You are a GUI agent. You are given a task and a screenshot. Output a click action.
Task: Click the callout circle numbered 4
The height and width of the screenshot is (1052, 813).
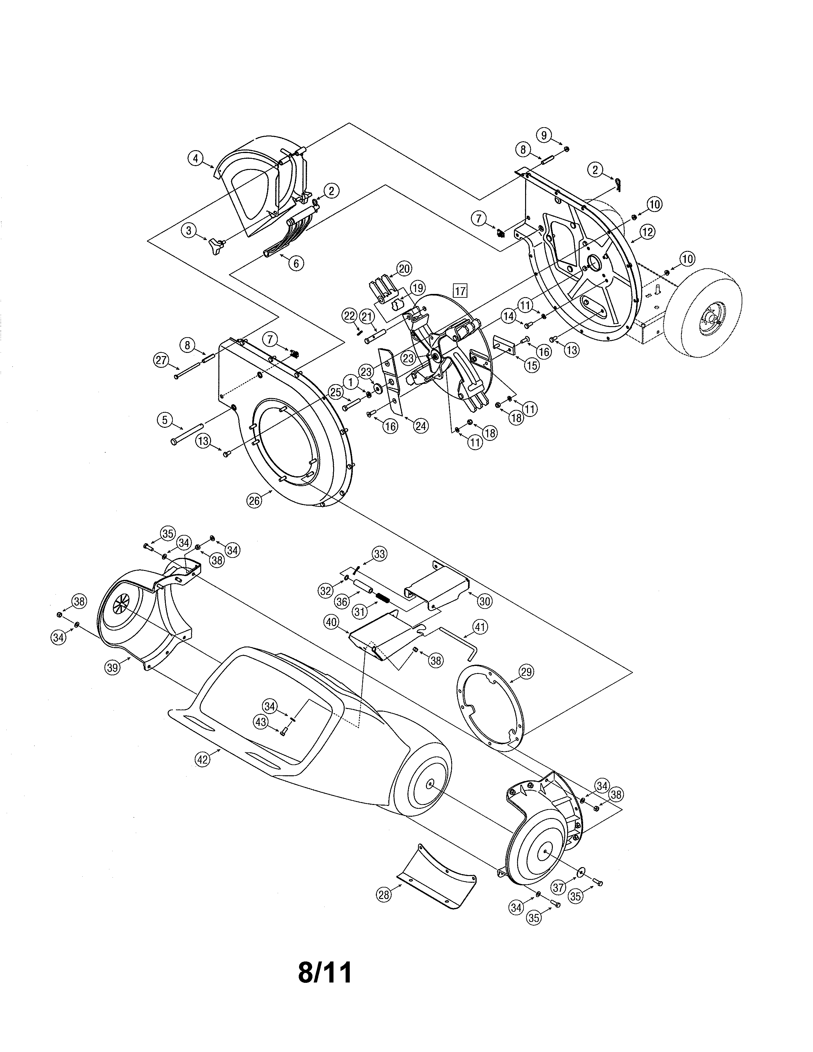(195, 158)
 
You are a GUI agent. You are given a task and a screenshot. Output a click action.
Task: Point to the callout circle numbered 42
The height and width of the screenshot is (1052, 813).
(203, 760)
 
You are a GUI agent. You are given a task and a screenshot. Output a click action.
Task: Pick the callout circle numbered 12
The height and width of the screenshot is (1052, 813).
(647, 232)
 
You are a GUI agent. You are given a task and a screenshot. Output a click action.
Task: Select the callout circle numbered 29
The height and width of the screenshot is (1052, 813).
(526, 671)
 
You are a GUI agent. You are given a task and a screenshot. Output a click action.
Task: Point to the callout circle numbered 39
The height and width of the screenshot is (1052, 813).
(113, 667)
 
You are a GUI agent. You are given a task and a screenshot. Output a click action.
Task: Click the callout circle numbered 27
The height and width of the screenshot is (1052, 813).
(161, 360)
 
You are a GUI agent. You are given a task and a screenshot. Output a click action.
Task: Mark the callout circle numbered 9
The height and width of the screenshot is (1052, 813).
(544, 135)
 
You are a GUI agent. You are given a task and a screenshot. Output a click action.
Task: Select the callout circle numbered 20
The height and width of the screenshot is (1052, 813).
(404, 269)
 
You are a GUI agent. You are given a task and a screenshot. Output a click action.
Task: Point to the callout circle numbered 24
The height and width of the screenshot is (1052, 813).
(421, 426)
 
